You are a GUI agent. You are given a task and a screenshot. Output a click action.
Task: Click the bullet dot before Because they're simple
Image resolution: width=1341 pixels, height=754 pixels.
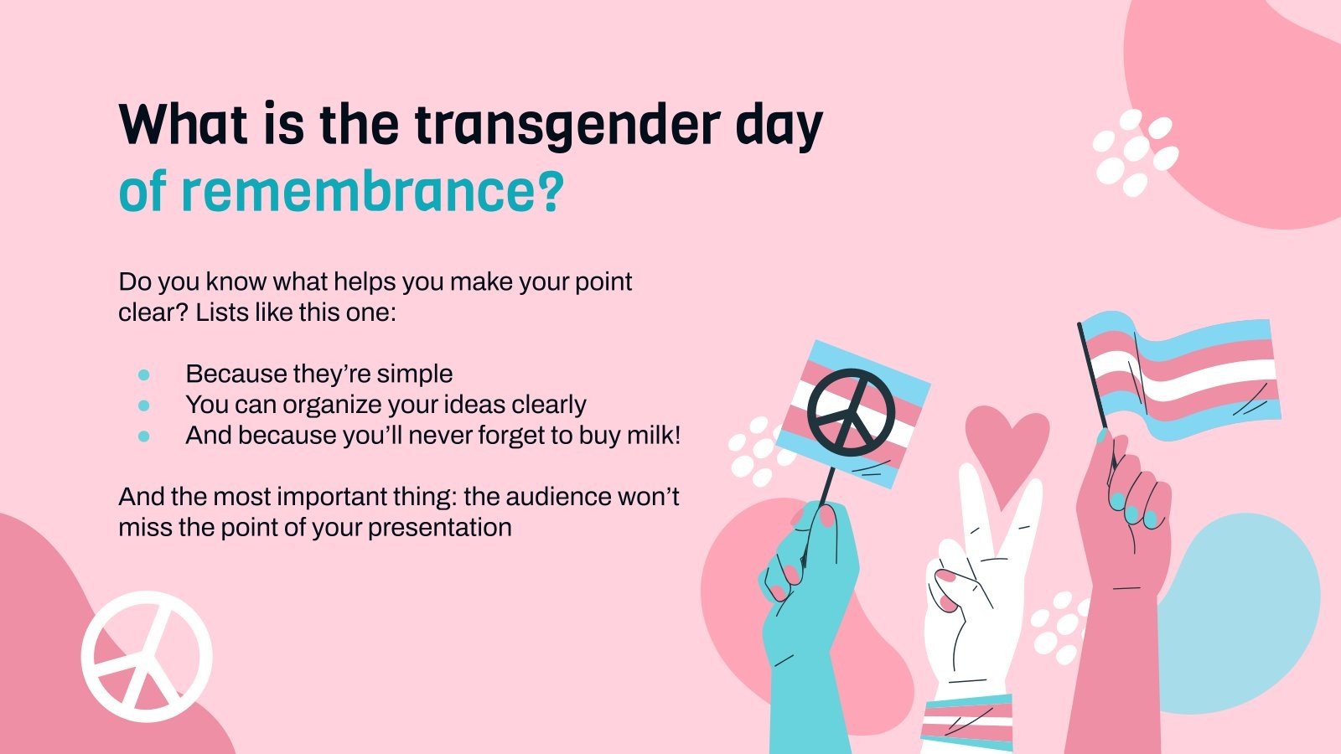click(144, 374)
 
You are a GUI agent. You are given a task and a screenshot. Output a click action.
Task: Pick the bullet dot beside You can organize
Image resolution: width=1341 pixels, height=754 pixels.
click(144, 405)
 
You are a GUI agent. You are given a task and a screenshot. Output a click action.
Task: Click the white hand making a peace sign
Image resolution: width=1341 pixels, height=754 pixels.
click(976, 586)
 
